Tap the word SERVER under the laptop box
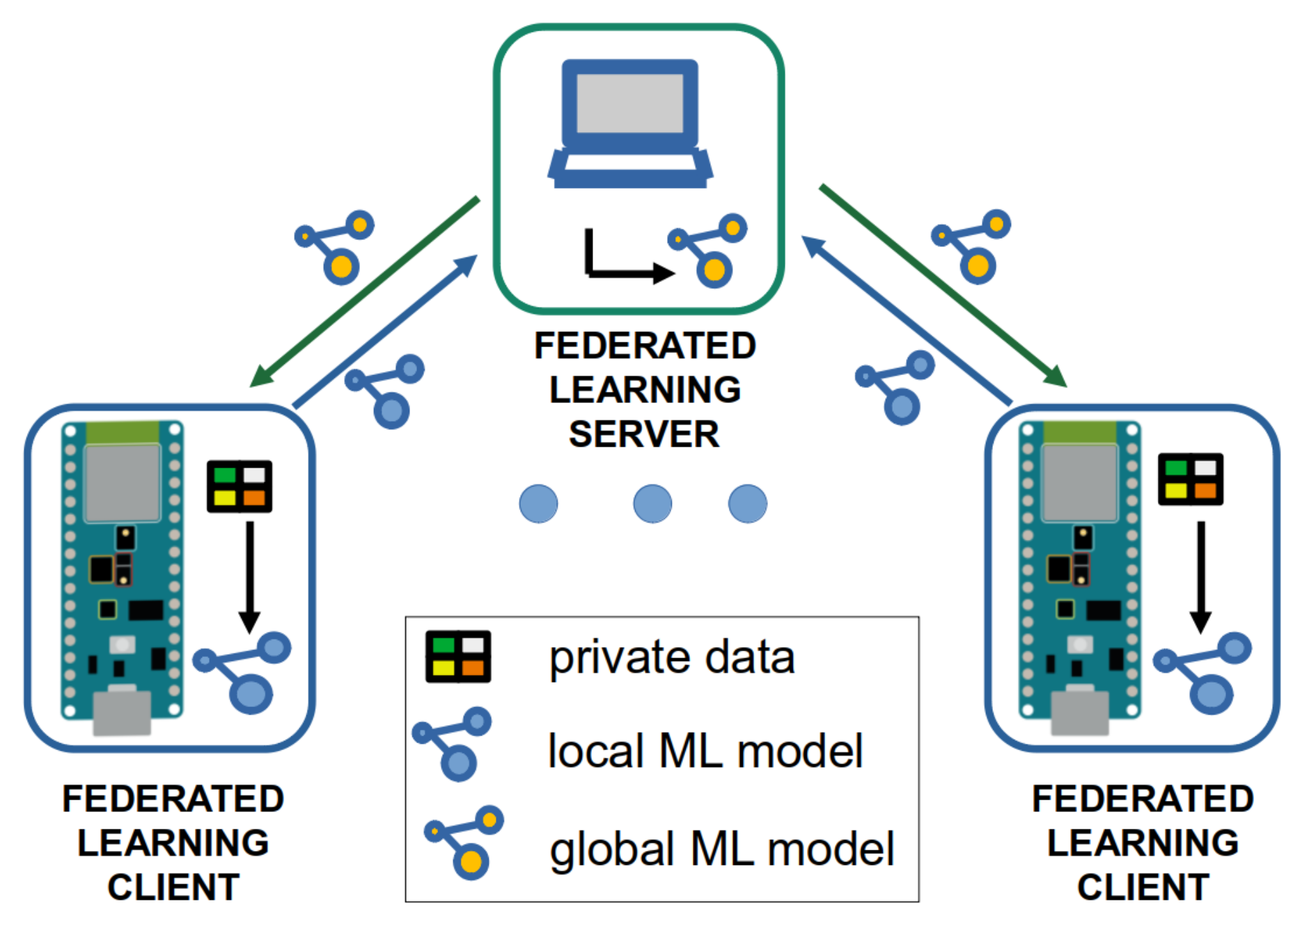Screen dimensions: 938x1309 coord(644,434)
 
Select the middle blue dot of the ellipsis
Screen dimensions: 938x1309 coord(652,504)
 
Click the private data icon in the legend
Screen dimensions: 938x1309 coord(458,656)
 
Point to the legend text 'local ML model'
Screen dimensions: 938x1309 coord(705,752)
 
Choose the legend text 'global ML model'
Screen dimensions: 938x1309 coord(721,849)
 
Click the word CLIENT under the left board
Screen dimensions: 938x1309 coord(173,887)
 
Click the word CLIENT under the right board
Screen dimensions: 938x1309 coord(1143,887)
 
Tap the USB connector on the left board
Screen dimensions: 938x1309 coord(123,711)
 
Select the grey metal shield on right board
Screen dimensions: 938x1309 coord(1079,482)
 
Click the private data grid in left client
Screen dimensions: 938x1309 coord(239,486)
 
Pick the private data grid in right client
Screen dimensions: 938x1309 coord(1190,479)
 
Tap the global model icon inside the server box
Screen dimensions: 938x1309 coord(707,251)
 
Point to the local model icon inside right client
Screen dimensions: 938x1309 coord(1203,671)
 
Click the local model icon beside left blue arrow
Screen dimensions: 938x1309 coord(385,390)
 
